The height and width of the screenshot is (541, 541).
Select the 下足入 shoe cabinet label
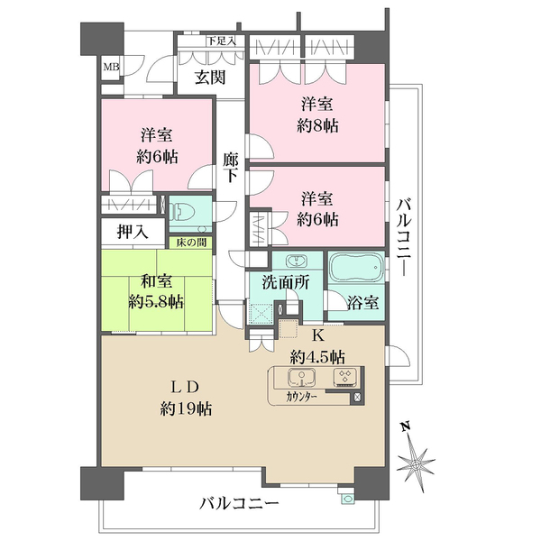click(x=220, y=41)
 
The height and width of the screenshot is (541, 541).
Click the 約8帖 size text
click(x=320, y=126)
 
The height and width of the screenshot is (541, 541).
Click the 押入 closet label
click(x=133, y=232)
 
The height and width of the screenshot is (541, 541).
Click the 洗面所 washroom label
click(x=286, y=281)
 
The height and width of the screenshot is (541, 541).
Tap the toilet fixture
click(x=188, y=213)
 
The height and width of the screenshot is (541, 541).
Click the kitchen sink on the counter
click(x=298, y=377)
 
